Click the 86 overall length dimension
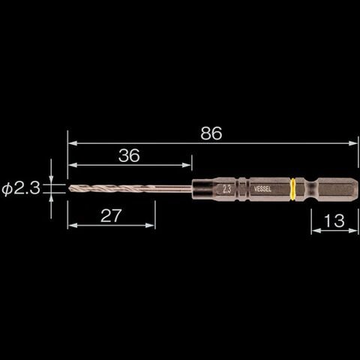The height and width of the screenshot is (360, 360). (x=211, y=133)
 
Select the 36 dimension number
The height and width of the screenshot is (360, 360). (x=129, y=155)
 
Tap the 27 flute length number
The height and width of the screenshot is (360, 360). (x=111, y=216)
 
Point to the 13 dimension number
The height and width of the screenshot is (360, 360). (x=334, y=220)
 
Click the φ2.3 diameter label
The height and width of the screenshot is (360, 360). (x=21, y=188)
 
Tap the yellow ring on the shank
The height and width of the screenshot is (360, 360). (x=292, y=189)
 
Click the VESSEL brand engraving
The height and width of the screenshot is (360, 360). (x=262, y=189)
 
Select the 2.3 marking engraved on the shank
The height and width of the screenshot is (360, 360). (x=226, y=190)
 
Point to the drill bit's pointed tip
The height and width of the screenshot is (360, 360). (x=69, y=188)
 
